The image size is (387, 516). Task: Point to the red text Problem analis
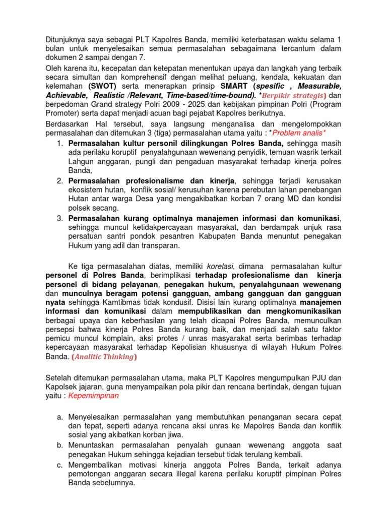tap(297, 133)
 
